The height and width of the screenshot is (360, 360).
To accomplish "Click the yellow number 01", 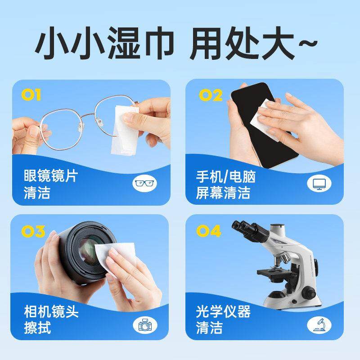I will [31, 95].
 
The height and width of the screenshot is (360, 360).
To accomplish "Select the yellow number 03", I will [32, 232].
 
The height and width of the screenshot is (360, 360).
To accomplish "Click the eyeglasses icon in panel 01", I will [145, 183].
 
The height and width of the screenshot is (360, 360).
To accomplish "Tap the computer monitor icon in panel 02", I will [319, 183].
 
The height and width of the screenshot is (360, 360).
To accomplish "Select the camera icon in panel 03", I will [145, 325].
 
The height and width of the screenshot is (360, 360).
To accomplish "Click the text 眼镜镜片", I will [50, 176].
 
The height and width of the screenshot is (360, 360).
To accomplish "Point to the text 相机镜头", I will [50, 311].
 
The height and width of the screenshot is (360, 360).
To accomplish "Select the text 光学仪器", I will [223, 311].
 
